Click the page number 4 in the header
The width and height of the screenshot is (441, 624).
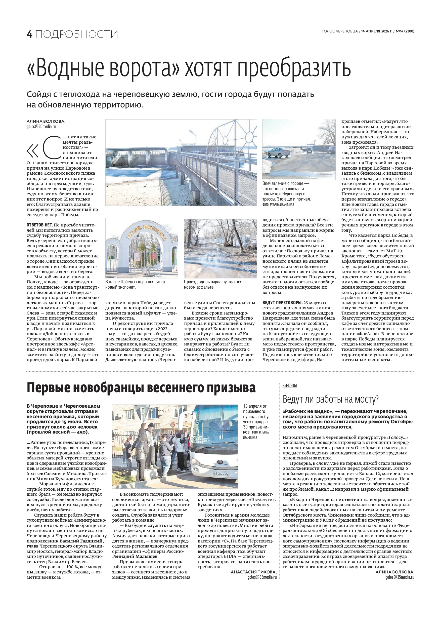(x=29, y=34)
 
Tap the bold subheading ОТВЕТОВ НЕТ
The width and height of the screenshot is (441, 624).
(x=39, y=225)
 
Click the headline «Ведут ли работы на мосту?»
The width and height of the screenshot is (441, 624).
(x=330, y=399)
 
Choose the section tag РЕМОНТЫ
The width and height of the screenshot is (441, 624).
(x=289, y=385)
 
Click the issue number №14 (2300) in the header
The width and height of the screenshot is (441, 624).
(x=405, y=31)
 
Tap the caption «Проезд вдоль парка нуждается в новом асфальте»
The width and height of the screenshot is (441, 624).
(x=214, y=285)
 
